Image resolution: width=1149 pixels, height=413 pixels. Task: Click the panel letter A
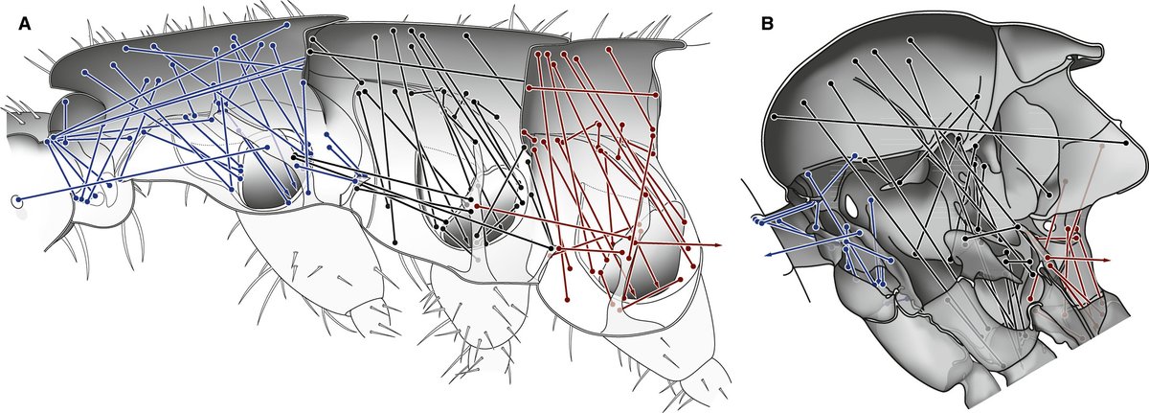coord(25,25)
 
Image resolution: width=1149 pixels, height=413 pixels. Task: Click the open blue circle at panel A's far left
coord(16,200)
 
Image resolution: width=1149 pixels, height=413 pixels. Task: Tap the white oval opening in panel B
coord(849,206)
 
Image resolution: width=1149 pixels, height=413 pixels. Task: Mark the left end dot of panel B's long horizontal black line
coord(773,116)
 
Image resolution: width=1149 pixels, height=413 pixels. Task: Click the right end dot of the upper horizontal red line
coord(655,95)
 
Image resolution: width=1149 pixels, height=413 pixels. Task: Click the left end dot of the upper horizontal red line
coord(529,87)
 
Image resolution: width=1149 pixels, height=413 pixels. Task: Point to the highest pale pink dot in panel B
coord(1065,181)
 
